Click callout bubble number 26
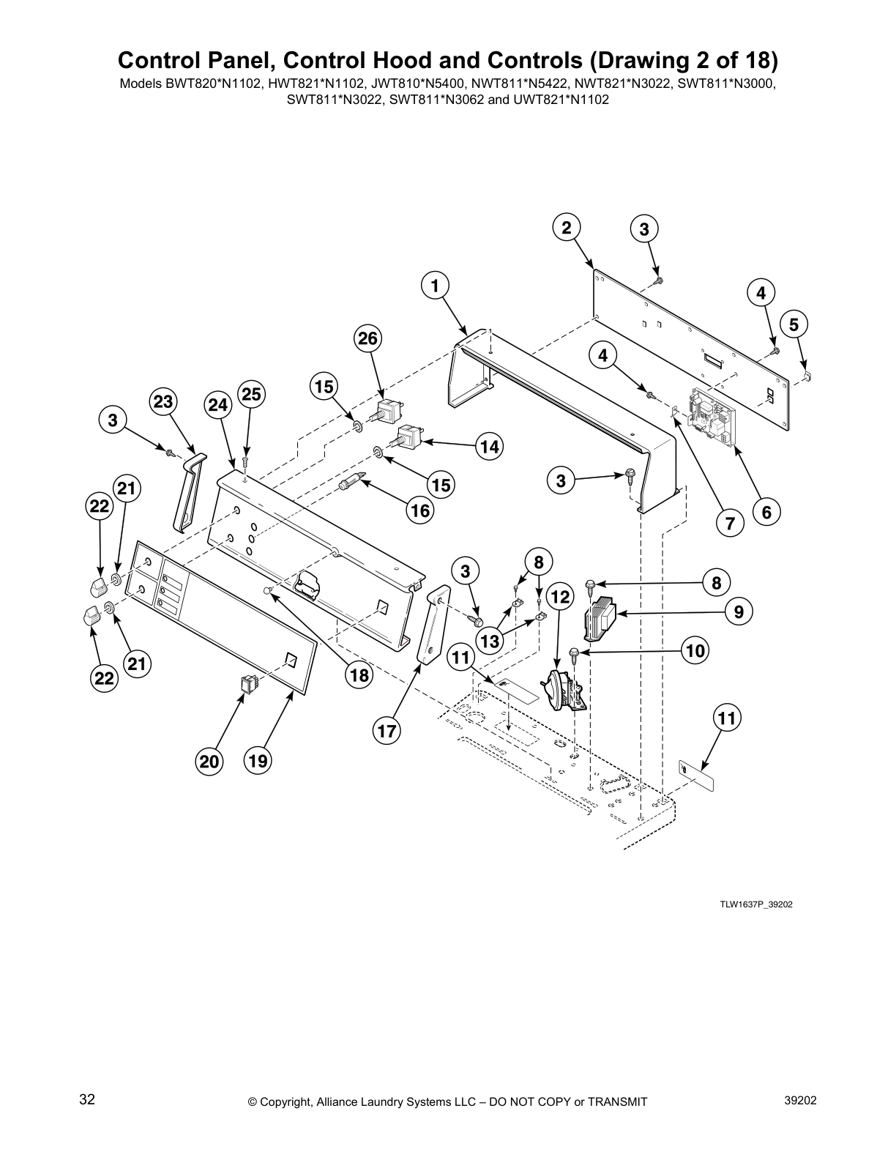pos(368,338)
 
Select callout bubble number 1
pos(435,285)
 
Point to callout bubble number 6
pos(766,512)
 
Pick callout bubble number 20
pos(210,762)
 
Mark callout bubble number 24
pos(218,404)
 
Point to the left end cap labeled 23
pos(187,491)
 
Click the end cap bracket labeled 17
pos(433,622)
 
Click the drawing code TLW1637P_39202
pos(755,904)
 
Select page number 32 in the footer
pos(87,1099)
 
